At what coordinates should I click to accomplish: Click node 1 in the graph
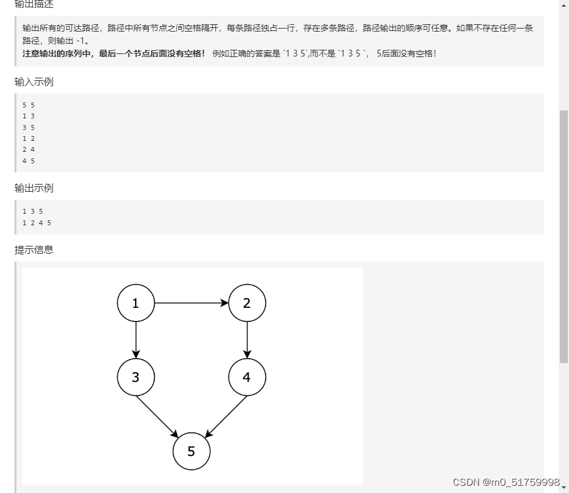point(136,303)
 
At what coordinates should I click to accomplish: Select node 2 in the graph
point(247,303)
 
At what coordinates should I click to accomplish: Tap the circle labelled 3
point(136,377)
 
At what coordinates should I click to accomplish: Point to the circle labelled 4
point(247,377)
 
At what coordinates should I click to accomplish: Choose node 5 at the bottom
point(191,451)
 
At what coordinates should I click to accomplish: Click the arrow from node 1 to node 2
point(191,303)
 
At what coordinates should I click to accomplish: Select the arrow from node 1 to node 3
point(136,340)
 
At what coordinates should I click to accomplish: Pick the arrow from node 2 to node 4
point(247,340)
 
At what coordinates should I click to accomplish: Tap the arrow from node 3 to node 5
point(157,416)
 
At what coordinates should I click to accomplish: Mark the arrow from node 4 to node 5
point(226,416)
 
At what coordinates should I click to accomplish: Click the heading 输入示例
point(34,81)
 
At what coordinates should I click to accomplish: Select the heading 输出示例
point(34,188)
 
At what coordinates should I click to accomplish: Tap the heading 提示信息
point(34,250)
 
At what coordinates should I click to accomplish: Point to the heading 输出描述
point(34,4)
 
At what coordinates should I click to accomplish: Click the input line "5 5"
point(29,105)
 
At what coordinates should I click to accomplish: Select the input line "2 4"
point(29,150)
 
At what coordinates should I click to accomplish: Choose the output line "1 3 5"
point(33,211)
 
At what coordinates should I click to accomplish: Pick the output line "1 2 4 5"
point(36,223)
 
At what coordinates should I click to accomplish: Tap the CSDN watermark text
point(506,482)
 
